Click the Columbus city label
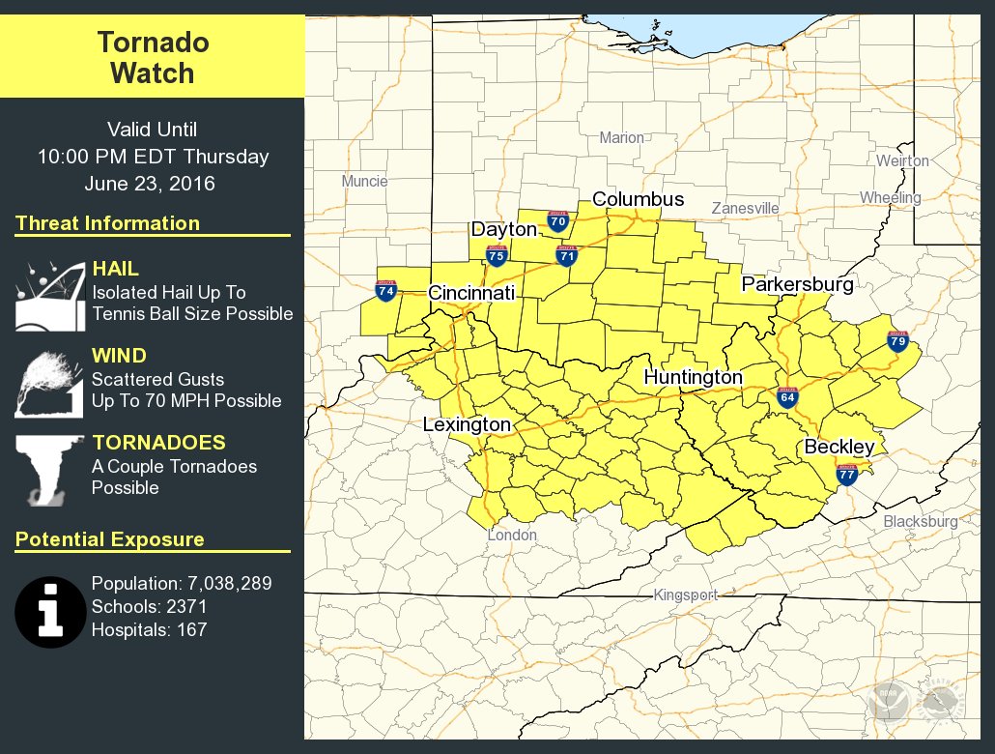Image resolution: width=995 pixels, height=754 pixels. tap(638, 200)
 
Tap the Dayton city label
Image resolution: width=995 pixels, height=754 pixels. tap(503, 230)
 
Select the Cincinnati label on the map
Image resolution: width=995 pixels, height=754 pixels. tap(471, 293)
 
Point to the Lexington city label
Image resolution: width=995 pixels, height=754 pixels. tap(467, 425)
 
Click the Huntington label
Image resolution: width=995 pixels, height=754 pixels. tap(693, 377)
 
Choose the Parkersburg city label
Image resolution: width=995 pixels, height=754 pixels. tap(797, 285)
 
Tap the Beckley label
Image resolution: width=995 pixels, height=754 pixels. tap(839, 447)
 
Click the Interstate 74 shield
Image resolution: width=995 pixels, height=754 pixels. tap(385, 290)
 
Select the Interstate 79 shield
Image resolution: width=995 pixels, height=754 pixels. tap(897, 340)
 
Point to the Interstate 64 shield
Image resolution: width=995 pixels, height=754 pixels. tap(787, 397)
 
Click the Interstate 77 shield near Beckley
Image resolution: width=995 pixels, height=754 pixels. tap(846, 474)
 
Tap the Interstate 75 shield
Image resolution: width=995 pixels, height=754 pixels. tap(497, 255)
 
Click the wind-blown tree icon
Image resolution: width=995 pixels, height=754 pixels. tap(45, 383)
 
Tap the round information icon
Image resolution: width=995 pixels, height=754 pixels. tap(50, 612)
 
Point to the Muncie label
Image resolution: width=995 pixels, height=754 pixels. tap(364, 181)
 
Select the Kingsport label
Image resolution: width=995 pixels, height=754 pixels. tap(685, 595)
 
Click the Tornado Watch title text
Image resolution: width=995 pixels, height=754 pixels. tap(153, 58)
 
